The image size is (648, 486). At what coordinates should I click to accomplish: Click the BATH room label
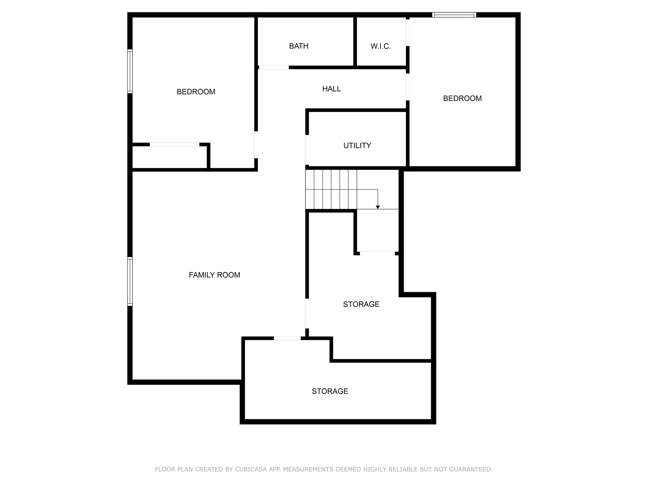(x=299, y=46)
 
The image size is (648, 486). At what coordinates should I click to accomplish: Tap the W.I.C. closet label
(x=381, y=47)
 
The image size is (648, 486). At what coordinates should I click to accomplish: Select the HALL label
(x=332, y=89)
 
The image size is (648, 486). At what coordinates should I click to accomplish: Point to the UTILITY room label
(x=357, y=146)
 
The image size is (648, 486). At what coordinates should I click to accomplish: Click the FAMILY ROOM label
(x=215, y=275)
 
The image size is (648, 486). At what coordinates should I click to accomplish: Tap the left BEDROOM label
(x=196, y=92)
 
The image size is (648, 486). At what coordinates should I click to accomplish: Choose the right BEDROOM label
(x=462, y=98)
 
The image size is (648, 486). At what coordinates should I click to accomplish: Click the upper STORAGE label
(x=361, y=304)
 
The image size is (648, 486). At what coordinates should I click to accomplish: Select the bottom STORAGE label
(x=330, y=391)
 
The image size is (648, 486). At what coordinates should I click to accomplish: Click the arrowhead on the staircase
(x=378, y=207)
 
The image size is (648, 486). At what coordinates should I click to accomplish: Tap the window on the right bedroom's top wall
(x=454, y=15)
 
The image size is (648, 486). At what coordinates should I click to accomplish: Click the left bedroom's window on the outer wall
(x=130, y=71)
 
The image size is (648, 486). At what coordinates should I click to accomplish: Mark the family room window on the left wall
(x=130, y=281)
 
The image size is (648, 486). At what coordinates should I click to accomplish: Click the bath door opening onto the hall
(x=274, y=67)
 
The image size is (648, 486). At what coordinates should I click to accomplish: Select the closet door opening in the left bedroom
(x=174, y=145)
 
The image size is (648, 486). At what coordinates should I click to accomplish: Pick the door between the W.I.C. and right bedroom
(x=408, y=33)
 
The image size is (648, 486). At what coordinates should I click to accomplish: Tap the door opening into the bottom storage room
(x=287, y=338)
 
